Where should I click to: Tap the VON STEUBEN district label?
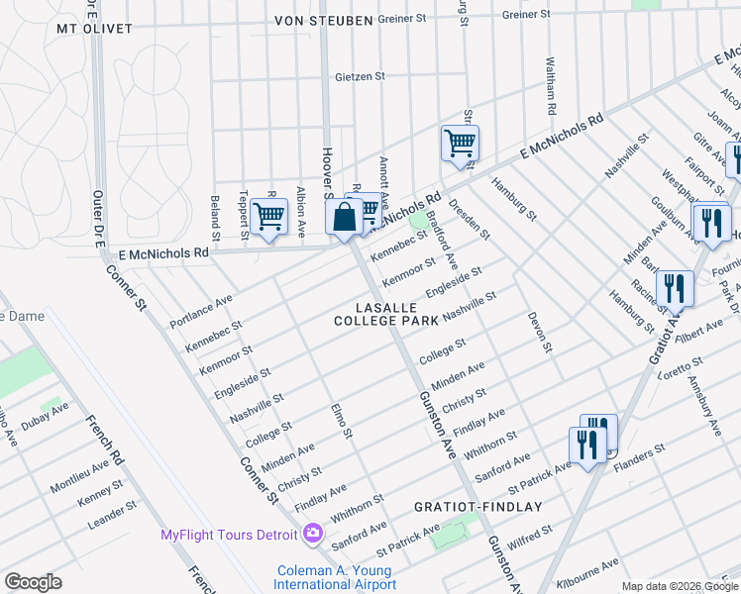pyautogui.click(x=310, y=20)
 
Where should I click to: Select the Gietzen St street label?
pyautogui.click(x=360, y=75)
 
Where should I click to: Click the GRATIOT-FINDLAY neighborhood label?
pyautogui.click(x=478, y=507)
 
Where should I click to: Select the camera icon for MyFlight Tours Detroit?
pyautogui.click(x=313, y=535)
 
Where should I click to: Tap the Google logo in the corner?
pyautogui.click(x=33, y=582)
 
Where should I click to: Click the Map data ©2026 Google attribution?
pyautogui.click(x=680, y=587)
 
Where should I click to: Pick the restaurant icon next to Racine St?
pyautogui.click(x=675, y=288)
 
